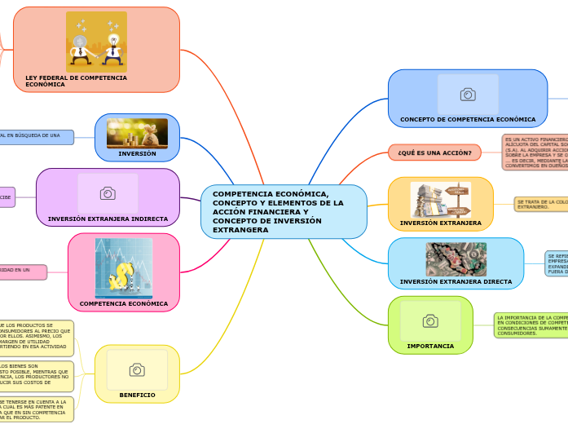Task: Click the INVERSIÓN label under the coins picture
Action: point(137,153)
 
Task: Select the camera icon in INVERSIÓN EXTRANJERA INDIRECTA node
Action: point(108,193)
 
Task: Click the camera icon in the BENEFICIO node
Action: point(137,370)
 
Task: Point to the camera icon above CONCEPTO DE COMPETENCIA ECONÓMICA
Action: point(468,95)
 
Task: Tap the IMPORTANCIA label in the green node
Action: point(430,346)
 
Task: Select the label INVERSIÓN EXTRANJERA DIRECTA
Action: point(456,281)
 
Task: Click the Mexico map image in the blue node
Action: point(456,259)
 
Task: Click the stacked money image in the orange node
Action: point(440,199)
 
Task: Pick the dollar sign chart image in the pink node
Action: point(124,267)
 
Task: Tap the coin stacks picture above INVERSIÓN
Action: point(137,133)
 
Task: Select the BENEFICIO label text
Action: point(137,395)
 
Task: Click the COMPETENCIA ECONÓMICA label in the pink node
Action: point(124,303)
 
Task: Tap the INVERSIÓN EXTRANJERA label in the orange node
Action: point(440,223)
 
